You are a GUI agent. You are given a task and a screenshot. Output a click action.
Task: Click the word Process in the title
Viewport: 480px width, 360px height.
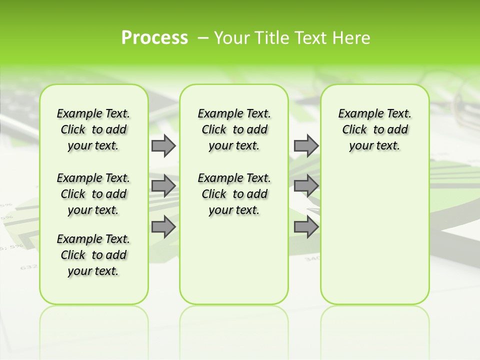(x=154, y=37)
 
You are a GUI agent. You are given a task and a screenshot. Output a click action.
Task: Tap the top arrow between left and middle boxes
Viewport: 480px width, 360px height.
(x=163, y=145)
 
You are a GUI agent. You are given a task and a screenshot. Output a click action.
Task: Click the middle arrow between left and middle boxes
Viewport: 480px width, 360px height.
(x=163, y=186)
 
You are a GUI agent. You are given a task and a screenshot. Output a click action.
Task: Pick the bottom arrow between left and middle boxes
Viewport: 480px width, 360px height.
(x=163, y=227)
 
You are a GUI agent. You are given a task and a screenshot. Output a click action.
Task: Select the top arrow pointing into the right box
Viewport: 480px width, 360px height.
(x=306, y=145)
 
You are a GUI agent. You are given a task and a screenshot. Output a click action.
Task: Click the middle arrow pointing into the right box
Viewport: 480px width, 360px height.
(x=306, y=186)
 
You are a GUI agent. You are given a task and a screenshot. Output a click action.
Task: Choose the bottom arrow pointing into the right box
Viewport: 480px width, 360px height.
(x=306, y=227)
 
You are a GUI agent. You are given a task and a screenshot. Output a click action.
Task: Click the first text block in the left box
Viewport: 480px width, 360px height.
(x=93, y=129)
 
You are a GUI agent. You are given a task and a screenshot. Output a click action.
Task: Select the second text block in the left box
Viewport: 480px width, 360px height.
(x=93, y=194)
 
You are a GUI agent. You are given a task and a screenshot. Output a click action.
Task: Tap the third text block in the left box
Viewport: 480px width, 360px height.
(x=93, y=255)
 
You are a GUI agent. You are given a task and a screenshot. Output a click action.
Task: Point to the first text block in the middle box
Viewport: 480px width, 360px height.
(x=234, y=129)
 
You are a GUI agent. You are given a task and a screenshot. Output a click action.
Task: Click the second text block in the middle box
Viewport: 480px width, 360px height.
(x=234, y=194)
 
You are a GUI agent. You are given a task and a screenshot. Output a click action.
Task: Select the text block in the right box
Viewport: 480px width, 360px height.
(x=375, y=129)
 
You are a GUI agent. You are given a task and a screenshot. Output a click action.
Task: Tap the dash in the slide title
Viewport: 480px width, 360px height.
(x=203, y=37)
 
